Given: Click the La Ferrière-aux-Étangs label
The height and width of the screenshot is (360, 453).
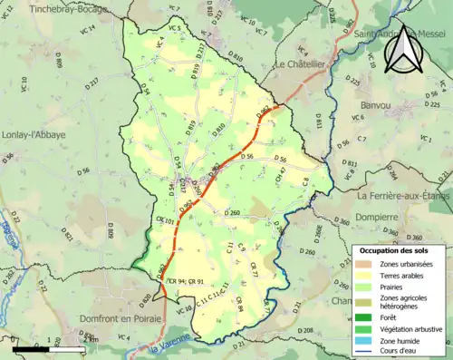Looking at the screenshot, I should (404, 195).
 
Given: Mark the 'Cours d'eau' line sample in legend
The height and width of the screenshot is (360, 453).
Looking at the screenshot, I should (365, 354).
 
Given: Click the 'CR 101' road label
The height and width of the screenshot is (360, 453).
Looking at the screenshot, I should (164, 220).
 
